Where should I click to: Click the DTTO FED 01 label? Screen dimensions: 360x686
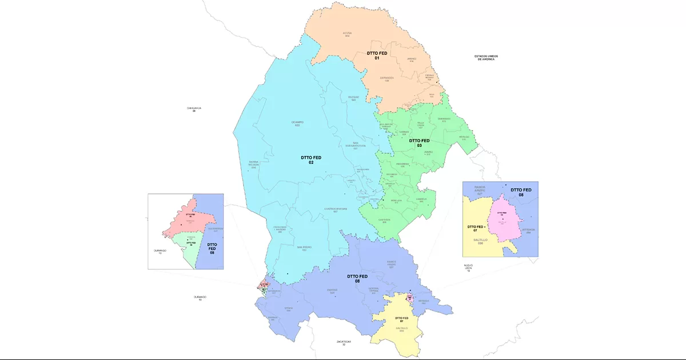(377, 55)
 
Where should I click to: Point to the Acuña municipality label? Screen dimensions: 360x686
(346, 35)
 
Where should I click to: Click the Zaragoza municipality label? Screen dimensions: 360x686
(387, 79)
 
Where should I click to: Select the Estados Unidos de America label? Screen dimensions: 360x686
(486, 58)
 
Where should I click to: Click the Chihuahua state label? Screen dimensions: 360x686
(194, 109)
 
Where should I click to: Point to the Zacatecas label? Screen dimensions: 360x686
(344, 343)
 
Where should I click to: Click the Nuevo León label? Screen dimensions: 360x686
(468, 267)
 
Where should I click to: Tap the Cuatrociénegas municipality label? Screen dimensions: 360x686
(336, 210)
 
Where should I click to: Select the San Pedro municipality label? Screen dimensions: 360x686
(305, 249)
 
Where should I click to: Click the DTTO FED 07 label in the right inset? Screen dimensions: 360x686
(476, 229)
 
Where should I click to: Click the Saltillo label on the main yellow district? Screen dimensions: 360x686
(401, 330)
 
